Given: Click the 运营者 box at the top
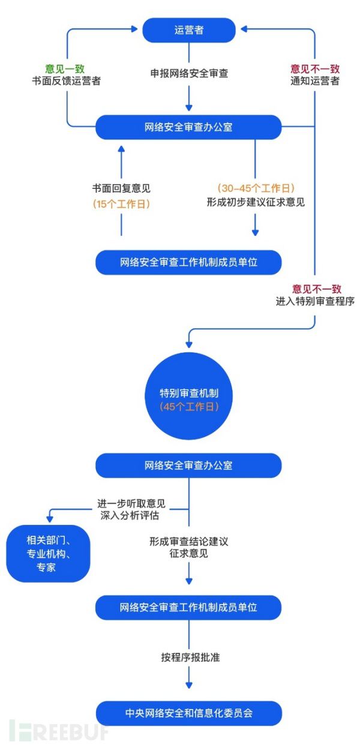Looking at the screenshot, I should (x=188, y=30).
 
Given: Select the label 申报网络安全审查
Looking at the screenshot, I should (x=189, y=74).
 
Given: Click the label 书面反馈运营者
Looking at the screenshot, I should (x=66, y=80).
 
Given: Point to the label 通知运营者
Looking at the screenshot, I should (x=314, y=80).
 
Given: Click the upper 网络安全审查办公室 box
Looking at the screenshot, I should (x=188, y=127).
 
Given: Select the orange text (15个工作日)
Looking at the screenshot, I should (x=121, y=204).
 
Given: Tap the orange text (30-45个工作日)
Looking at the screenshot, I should (x=256, y=188).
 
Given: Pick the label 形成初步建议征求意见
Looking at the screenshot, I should (x=256, y=202).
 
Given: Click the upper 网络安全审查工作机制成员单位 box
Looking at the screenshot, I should (x=188, y=262).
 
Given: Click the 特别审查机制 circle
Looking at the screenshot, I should (x=188, y=399).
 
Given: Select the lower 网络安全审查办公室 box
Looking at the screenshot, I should (x=188, y=465).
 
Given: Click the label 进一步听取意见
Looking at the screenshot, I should (x=131, y=503).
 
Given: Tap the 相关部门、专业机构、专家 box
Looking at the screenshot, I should (x=48, y=552).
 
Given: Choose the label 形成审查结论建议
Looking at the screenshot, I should (x=189, y=541).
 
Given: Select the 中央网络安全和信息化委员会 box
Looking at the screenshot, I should (x=188, y=713).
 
